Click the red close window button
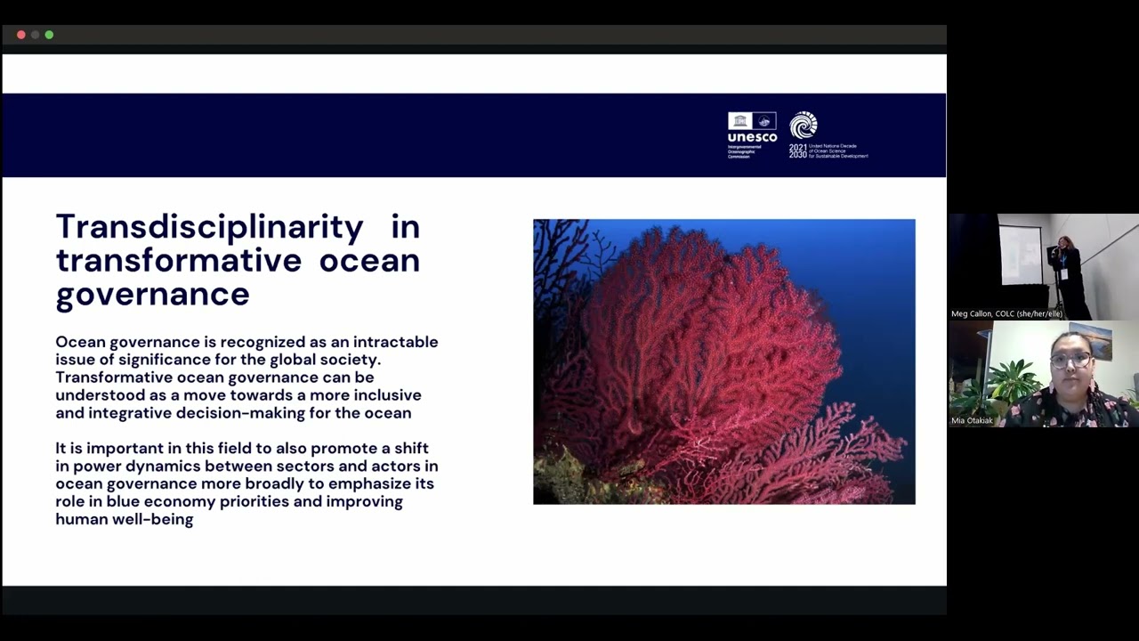(x=21, y=35)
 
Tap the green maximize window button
(x=49, y=35)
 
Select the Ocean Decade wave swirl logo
(x=804, y=126)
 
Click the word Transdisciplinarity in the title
(x=209, y=227)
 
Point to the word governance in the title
(x=152, y=294)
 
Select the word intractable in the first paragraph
(x=395, y=342)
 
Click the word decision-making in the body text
(x=258, y=413)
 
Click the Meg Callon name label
(x=1006, y=313)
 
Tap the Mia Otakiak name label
(x=972, y=420)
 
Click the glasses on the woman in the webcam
(x=1071, y=361)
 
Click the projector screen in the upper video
(x=1021, y=254)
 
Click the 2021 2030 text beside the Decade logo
(x=797, y=150)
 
